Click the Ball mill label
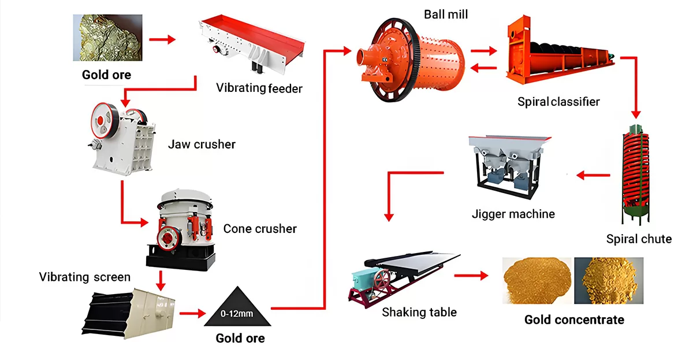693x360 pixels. click(x=446, y=14)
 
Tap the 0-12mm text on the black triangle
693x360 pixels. click(x=237, y=314)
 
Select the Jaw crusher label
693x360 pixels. click(x=202, y=144)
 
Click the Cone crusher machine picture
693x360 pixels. click(x=181, y=229)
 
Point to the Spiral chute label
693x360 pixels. click(x=639, y=239)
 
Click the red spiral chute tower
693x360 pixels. click(x=636, y=175)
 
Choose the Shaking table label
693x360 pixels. click(x=419, y=312)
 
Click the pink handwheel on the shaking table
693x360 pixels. click(x=382, y=279)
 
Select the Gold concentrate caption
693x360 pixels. click(x=574, y=320)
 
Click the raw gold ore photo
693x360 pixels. click(x=107, y=38)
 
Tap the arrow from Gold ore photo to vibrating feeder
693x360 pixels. click(x=162, y=39)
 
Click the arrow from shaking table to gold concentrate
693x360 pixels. click(x=471, y=275)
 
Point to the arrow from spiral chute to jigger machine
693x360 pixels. click(x=594, y=175)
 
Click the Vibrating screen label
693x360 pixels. click(x=84, y=277)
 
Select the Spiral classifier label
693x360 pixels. click(x=558, y=102)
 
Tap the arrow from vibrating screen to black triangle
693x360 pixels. click(x=192, y=313)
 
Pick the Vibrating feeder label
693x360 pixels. click(x=259, y=88)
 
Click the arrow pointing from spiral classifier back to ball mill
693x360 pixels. click(x=483, y=68)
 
